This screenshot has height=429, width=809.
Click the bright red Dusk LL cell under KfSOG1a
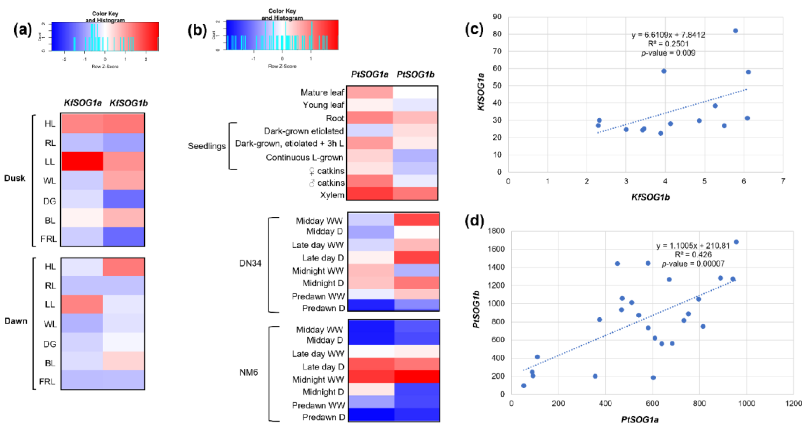[82, 161]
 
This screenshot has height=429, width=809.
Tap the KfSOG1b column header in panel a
[128, 103]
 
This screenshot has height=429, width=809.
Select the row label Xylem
[332, 195]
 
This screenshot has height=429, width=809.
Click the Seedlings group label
[207, 146]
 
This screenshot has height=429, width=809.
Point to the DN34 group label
[250, 263]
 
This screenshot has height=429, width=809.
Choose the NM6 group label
[248, 372]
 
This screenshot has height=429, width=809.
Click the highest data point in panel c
[735, 31]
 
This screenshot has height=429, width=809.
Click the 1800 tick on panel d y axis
[496, 231]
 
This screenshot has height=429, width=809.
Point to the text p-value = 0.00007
[693, 264]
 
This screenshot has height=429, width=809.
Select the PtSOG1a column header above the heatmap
[369, 74]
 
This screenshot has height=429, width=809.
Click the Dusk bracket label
[15, 178]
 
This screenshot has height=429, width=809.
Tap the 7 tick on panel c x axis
[783, 181]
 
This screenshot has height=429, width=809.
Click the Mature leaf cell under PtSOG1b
[415, 92]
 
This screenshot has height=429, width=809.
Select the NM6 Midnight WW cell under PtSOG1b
[417, 377]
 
